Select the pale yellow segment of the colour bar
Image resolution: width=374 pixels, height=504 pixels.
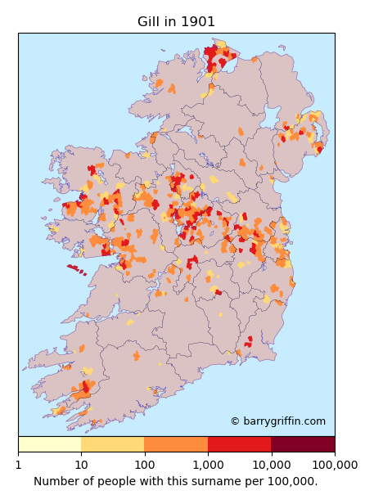[x=49, y=444]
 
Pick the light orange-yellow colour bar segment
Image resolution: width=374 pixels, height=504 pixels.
[x=112, y=444]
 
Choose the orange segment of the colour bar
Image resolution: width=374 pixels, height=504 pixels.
[x=176, y=444]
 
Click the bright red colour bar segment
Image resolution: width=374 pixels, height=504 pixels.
[x=239, y=444]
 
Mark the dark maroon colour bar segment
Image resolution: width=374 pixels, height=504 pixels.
[x=303, y=444]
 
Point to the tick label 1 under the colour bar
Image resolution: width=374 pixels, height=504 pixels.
[x=18, y=465]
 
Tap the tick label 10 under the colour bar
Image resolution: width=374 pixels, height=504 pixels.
[x=81, y=465]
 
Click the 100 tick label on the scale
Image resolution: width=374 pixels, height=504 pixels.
[x=145, y=465]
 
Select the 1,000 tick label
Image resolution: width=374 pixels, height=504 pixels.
[x=208, y=465]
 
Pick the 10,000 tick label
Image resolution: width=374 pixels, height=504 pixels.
[x=271, y=465]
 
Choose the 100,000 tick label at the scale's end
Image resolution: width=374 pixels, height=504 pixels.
[x=333, y=465]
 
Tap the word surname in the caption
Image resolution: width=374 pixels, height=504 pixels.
[x=214, y=481]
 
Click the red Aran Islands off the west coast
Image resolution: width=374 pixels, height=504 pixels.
[x=74, y=268]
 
